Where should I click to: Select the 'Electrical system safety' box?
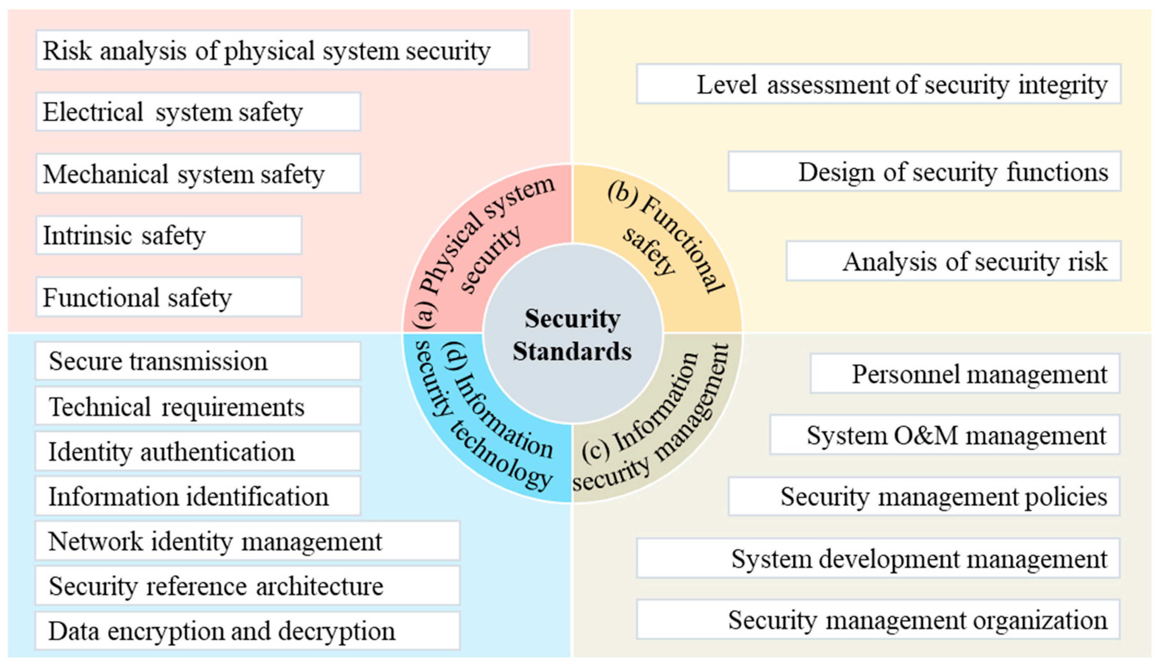pos(198,112)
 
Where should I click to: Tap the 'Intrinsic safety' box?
pos(169,236)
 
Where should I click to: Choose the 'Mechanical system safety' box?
pos(198,174)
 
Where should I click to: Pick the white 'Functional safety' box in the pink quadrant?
pos(169,297)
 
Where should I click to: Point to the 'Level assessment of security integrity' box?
pos(879,84)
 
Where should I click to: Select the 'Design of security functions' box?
pos(924,172)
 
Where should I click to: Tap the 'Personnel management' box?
pos(965,374)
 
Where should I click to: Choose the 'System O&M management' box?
pos(945,435)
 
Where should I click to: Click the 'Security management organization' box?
pos(878,620)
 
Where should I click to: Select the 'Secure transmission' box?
pos(198,361)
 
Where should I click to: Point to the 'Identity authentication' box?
pos(198,452)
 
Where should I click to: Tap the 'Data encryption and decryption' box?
pos(247,631)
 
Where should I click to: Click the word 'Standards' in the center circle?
pos(572,351)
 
